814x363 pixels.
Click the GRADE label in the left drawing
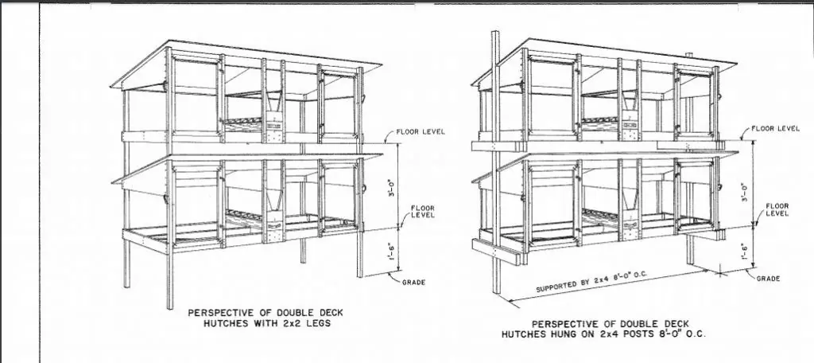pos(413,283)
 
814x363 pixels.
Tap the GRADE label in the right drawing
pos(769,279)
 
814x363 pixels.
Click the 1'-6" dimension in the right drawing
pos(746,252)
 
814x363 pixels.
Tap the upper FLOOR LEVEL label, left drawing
pos(421,131)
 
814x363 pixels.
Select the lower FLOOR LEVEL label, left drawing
pos(423,212)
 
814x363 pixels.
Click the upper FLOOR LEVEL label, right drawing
pos(776,128)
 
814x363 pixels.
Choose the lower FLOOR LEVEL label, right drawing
pos(777,209)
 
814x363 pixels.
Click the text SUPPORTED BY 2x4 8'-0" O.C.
pos(591,281)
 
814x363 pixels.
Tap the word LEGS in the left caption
pos(319,323)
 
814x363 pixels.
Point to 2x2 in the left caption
pos(293,323)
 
